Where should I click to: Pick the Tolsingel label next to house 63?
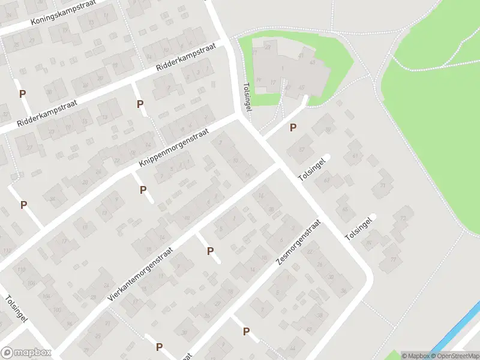(314, 170)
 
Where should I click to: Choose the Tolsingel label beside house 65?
(359, 229)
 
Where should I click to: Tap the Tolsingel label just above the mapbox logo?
(16, 310)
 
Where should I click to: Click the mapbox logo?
(25, 353)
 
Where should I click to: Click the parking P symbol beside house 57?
(293, 127)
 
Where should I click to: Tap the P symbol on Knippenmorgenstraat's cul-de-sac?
(143, 190)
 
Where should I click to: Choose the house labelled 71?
(382, 185)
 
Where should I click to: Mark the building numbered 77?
(393, 259)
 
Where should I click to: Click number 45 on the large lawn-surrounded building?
(301, 88)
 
